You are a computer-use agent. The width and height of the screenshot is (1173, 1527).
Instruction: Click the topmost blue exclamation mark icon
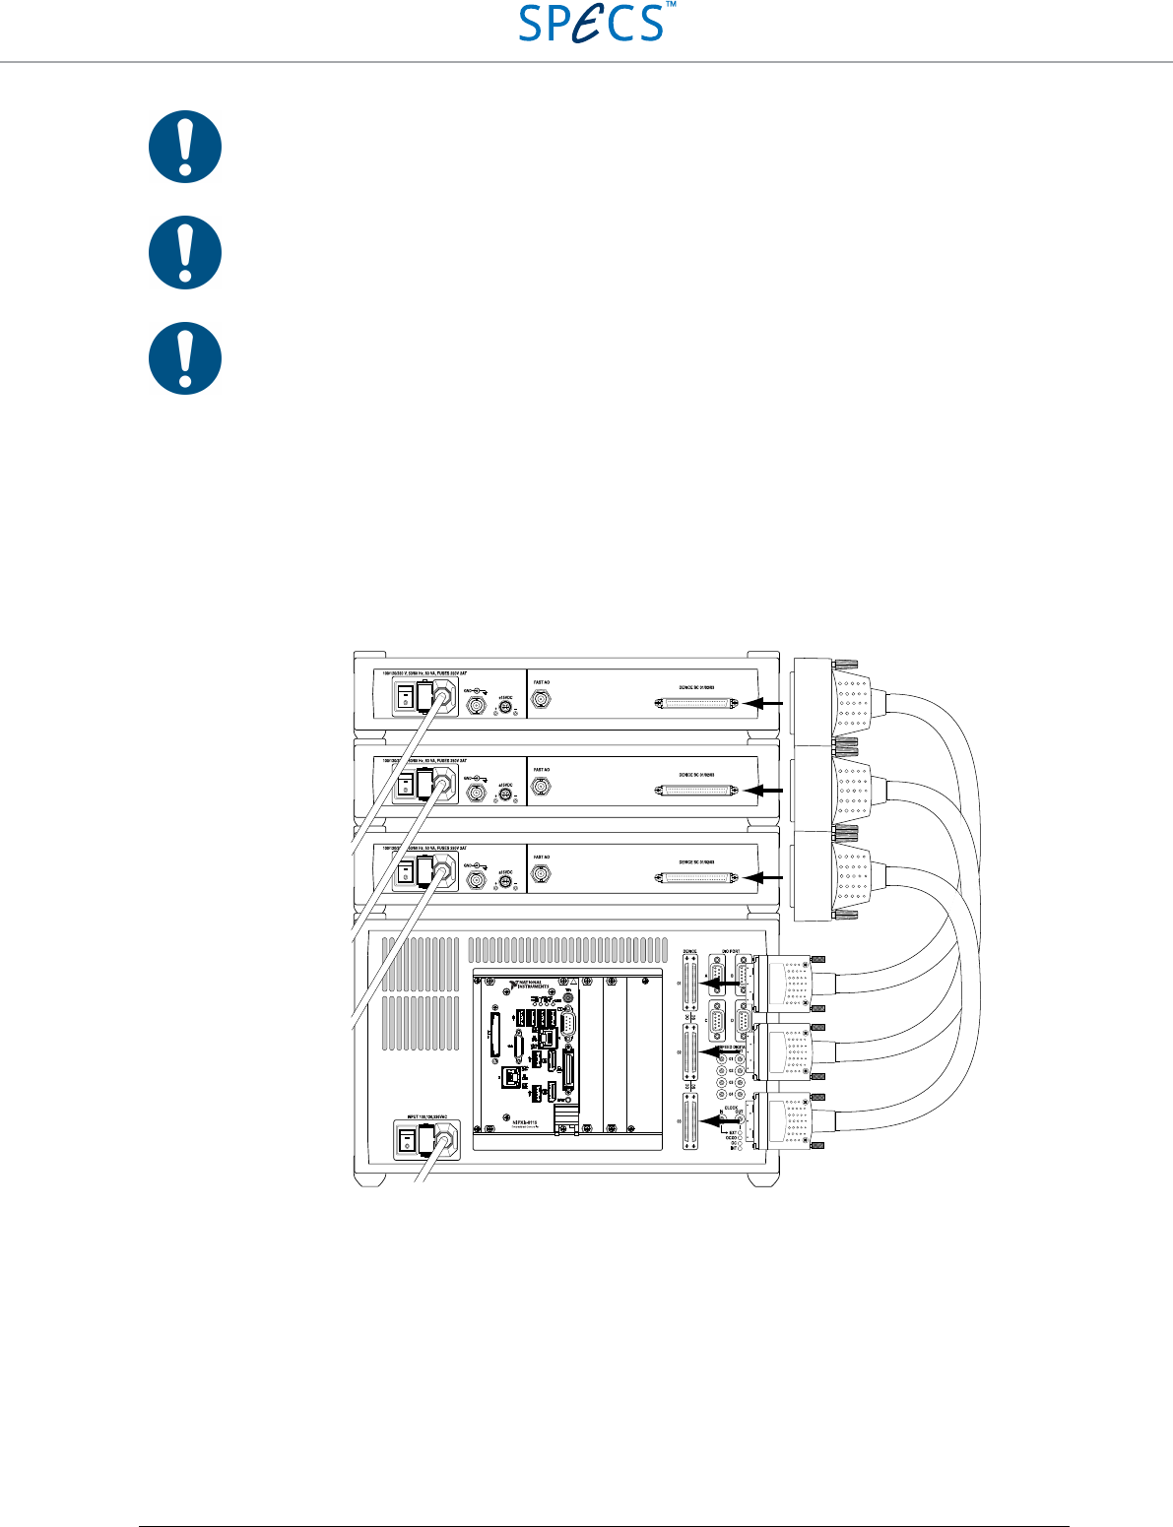pos(185,147)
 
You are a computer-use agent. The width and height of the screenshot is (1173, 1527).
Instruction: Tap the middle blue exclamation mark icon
pos(185,252)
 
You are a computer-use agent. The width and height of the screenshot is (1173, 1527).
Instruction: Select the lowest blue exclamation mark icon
pos(185,358)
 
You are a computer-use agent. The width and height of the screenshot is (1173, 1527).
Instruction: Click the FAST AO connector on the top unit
pos(541,701)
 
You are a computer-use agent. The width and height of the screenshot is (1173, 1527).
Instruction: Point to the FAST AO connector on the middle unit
pos(541,788)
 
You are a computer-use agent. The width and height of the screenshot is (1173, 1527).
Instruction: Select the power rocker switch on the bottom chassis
pos(405,1142)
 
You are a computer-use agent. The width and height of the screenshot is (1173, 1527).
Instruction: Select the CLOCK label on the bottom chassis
pos(732,1108)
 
